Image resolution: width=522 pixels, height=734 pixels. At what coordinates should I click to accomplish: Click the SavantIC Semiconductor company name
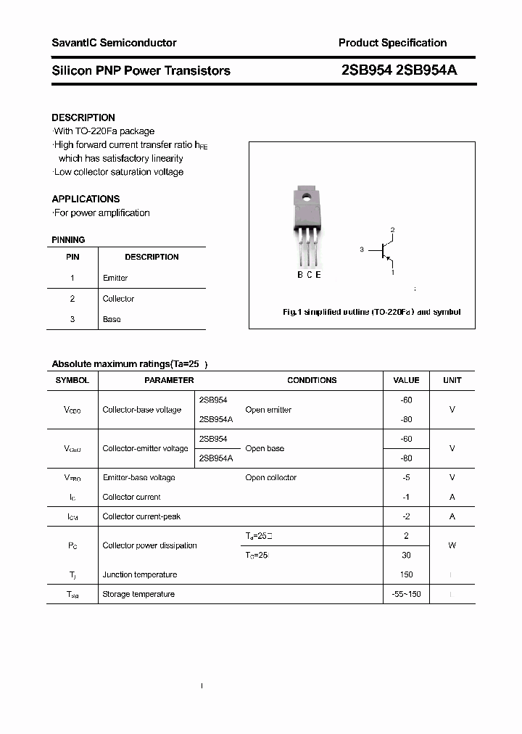coord(114,43)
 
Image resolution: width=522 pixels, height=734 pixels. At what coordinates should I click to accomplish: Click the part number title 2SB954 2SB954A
coord(399,70)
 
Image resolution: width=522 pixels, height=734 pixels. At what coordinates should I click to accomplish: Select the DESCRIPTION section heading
coord(83,117)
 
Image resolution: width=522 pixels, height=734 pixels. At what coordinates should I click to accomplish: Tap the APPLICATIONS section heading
coord(86,199)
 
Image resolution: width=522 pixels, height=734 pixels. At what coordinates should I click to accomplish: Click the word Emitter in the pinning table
coord(115,278)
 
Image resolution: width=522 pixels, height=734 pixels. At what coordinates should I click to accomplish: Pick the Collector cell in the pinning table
coord(118,299)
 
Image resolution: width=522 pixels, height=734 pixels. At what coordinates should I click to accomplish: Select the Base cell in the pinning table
coord(112,319)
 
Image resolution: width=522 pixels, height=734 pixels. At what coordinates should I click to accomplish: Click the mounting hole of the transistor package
coord(307,196)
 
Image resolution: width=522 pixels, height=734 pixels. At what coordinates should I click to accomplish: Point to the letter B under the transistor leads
coord(300,274)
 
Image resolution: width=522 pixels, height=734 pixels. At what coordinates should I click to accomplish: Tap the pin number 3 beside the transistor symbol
coord(361,250)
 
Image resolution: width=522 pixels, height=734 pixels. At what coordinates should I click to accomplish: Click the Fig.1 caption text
coord(371,312)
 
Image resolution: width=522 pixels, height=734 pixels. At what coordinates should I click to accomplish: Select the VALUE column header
coord(406,380)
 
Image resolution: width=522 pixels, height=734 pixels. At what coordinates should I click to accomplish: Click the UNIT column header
coord(452,380)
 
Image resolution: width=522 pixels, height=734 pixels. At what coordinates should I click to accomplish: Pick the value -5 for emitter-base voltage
coord(406,477)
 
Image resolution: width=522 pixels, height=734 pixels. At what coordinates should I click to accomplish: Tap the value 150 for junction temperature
coord(406,574)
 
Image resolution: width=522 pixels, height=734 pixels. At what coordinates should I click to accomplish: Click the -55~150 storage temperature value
coord(406,594)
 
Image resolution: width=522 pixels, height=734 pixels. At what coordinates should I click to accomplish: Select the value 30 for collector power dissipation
coord(406,555)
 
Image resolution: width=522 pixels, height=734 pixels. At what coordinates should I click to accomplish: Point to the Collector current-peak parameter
coord(141,516)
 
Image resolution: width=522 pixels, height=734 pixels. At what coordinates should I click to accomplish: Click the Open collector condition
coord(270,477)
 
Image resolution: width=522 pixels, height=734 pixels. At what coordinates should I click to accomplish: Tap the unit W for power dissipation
coord(452,545)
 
